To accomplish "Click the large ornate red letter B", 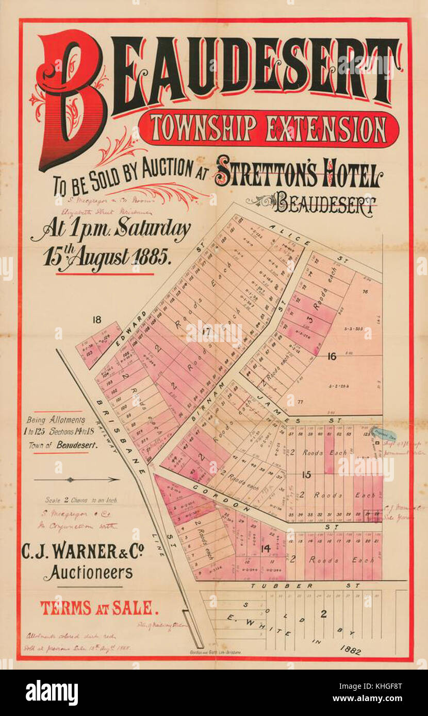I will tap(72, 98).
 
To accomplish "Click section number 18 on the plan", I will tap(96, 320).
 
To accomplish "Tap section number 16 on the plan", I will tap(331, 355).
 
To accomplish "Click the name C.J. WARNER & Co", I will tap(83, 552).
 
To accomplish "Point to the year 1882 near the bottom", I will tap(350, 651).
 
